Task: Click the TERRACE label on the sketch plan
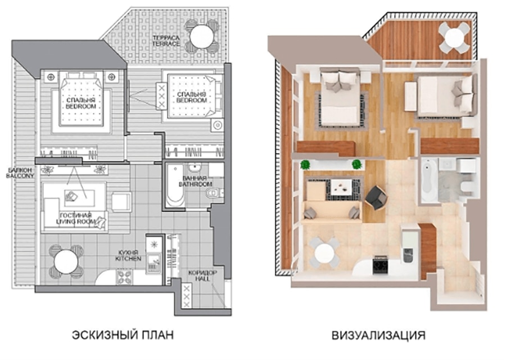click(x=166, y=43)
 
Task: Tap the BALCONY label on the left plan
click(x=20, y=175)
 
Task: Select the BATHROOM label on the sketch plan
click(x=195, y=184)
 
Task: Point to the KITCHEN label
click(x=128, y=258)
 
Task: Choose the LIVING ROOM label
click(x=76, y=221)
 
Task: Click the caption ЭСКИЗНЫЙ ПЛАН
click(x=123, y=335)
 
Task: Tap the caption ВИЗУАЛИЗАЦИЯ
click(x=378, y=335)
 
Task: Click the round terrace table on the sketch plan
click(x=202, y=37)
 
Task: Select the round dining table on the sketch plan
click(x=66, y=262)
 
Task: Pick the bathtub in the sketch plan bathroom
click(x=175, y=186)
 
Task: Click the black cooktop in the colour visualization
click(x=380, y=265)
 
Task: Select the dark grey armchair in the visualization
click(x=376, y=197)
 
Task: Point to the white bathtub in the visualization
click(x=430, y=181)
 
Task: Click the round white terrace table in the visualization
click(x=454, y=37)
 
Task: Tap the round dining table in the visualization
click(x=324, y=253)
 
